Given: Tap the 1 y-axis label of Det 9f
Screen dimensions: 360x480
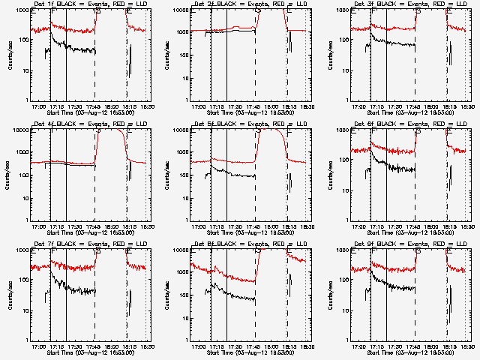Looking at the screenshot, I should [x=346, y=340].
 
